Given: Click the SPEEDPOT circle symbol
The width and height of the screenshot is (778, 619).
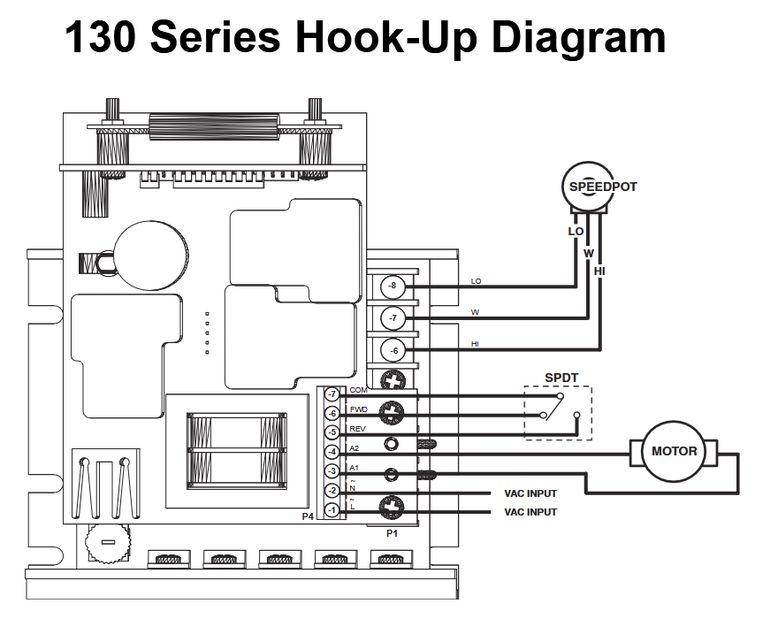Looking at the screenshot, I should click(589, 187).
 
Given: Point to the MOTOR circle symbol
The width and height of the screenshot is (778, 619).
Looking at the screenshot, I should click(675, 451).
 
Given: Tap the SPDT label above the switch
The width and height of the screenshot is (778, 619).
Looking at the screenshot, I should click(561, 378).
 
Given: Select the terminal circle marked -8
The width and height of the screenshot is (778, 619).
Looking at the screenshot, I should click(393, 287).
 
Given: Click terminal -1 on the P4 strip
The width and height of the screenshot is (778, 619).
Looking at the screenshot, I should click(332, 510).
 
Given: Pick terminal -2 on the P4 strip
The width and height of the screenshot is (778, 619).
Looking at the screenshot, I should click(332, 491).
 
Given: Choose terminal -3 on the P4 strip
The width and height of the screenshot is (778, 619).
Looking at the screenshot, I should click(332, 471).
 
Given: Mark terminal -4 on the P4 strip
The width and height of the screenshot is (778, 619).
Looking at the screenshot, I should click(332, 452).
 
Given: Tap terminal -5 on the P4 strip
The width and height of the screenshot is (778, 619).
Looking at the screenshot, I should click(332, 432).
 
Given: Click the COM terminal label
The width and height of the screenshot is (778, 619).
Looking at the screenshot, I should click(358, 390).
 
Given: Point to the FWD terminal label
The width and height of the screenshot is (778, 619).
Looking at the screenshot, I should click(358, 409).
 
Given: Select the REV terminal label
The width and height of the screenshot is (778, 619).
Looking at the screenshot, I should click(357, 429).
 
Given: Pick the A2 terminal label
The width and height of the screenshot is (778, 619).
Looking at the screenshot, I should click(355, 448).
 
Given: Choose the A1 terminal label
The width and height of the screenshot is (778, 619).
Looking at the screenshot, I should click(355, 468).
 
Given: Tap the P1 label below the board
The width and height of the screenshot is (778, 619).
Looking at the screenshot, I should click(393, 534).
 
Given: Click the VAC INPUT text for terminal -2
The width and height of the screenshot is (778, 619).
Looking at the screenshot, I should click(530, 493).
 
